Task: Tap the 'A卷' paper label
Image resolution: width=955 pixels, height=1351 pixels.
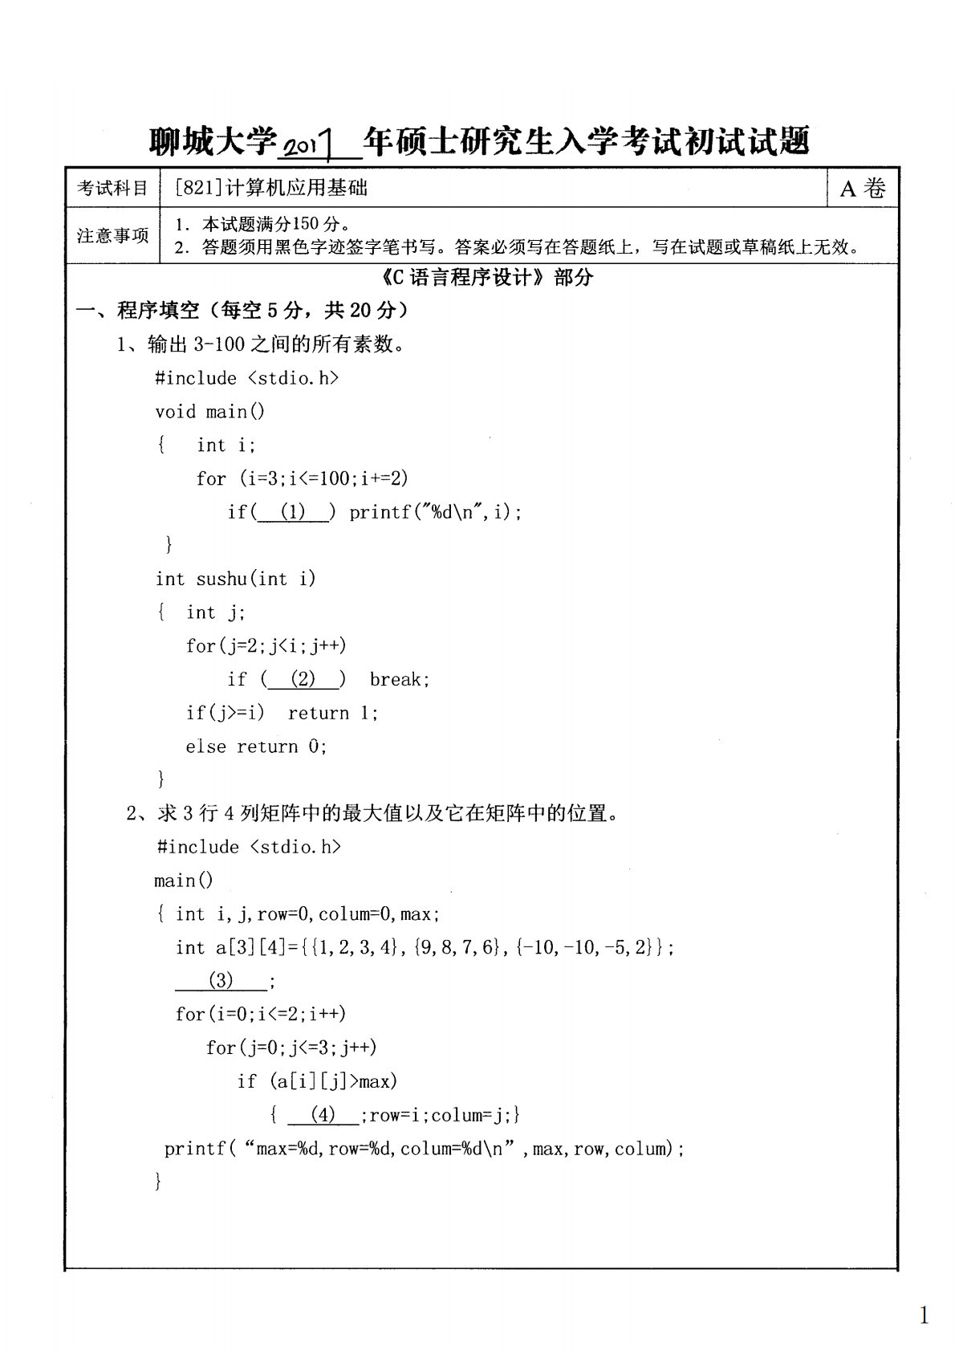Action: coord(863,189)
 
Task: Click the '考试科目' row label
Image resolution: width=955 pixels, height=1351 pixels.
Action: coord(112,189)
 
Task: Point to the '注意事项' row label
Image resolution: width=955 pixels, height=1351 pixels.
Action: coord(112,235)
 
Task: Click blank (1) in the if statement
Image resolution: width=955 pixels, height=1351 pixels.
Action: coord(293,512)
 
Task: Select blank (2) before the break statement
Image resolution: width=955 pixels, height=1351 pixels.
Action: coord(303,680)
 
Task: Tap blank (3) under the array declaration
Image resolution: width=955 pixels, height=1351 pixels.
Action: coord(221,980)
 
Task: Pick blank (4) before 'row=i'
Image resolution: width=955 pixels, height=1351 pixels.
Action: coord(323,1115)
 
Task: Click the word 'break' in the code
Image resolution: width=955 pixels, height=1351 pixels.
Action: coord(398,680)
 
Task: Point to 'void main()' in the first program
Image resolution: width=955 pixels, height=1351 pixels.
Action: coord(209,412)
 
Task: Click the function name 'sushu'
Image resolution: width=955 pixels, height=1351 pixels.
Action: coord(221,579)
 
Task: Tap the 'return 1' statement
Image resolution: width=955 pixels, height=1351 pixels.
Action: coord(331,714)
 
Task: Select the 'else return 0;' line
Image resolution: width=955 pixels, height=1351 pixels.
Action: coord(256,747)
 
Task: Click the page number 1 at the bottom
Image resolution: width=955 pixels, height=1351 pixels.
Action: coord(924,1315)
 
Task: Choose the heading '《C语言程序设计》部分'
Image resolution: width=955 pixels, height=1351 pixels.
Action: coord(485,278)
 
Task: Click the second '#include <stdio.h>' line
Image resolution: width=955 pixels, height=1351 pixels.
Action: coord(249,847)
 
